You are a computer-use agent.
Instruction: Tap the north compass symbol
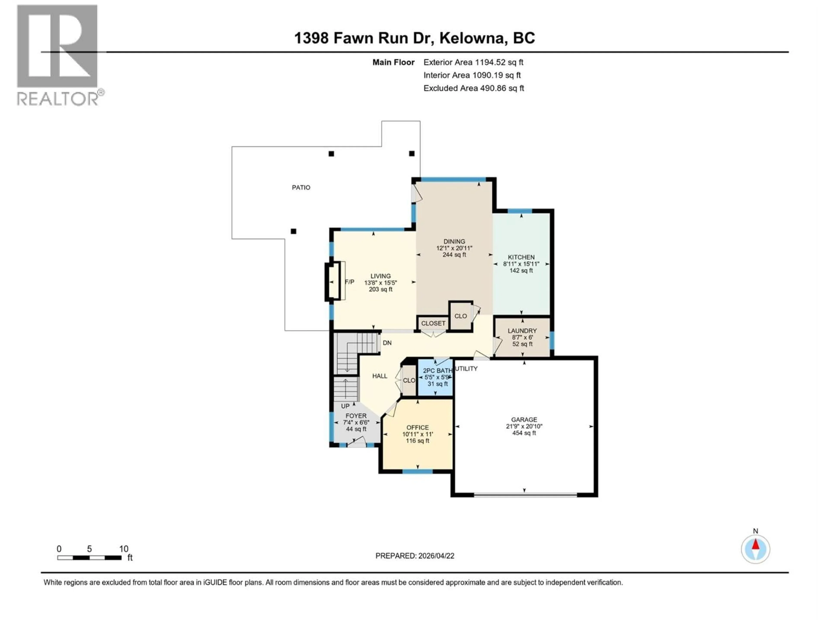click(755, 549)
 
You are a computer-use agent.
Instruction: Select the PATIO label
click(301, 187)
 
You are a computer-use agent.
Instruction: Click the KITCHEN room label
click(521, 257)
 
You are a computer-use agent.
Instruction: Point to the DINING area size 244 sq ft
click(454, 255)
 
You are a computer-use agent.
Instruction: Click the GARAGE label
click(524, 419)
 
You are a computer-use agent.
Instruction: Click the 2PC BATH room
click(436, 377)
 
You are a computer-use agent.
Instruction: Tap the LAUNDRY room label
click(522, 331)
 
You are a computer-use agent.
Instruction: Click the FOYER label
click(356, 416)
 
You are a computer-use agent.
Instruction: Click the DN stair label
click(387, 343)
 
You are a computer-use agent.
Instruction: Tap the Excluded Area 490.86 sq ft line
click(474, 88)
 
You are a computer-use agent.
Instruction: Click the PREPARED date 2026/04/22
click(415, 556)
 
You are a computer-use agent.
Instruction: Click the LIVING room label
click(380, 276)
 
